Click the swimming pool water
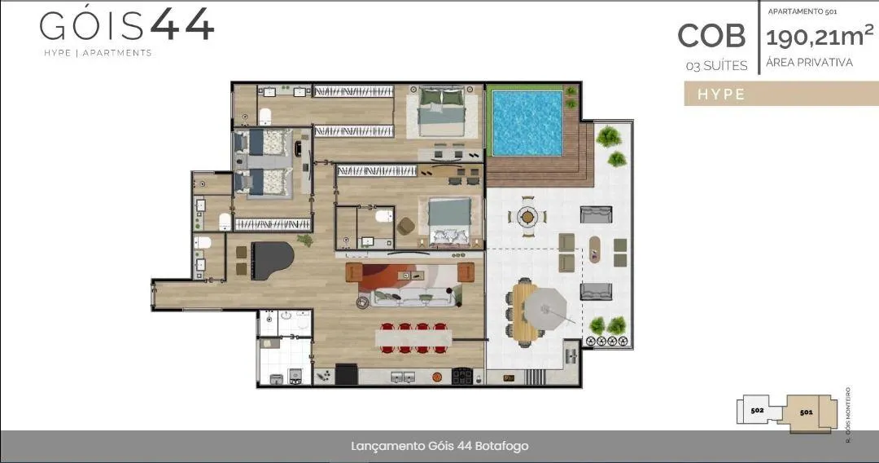click(527, 123)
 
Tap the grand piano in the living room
click(271, 260)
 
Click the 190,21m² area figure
click(819, 37)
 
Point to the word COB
click(711, 36)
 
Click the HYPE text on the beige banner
click(721, 95)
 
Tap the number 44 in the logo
click(182, 24)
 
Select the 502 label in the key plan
click(757, 410)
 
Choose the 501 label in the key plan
click(806, 412)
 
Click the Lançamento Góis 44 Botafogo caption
click(439, 446)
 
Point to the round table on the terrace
click(527, 216)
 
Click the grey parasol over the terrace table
click(544, 307)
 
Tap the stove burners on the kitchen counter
click(462, 376)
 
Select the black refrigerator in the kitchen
click(346, 374)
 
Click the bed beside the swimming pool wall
click(442, 112)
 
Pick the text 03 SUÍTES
click(716, 66)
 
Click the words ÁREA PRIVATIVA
click(809, 62)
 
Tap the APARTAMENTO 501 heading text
click(802, 11)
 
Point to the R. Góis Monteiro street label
click(847, 415)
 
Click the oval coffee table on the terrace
click(594, 249)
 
